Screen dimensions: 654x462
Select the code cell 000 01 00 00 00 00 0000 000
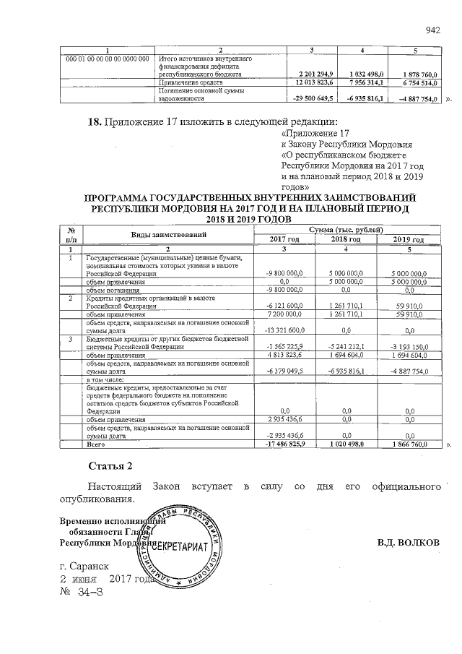click(108, 58)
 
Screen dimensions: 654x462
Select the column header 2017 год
click(284, 240)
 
